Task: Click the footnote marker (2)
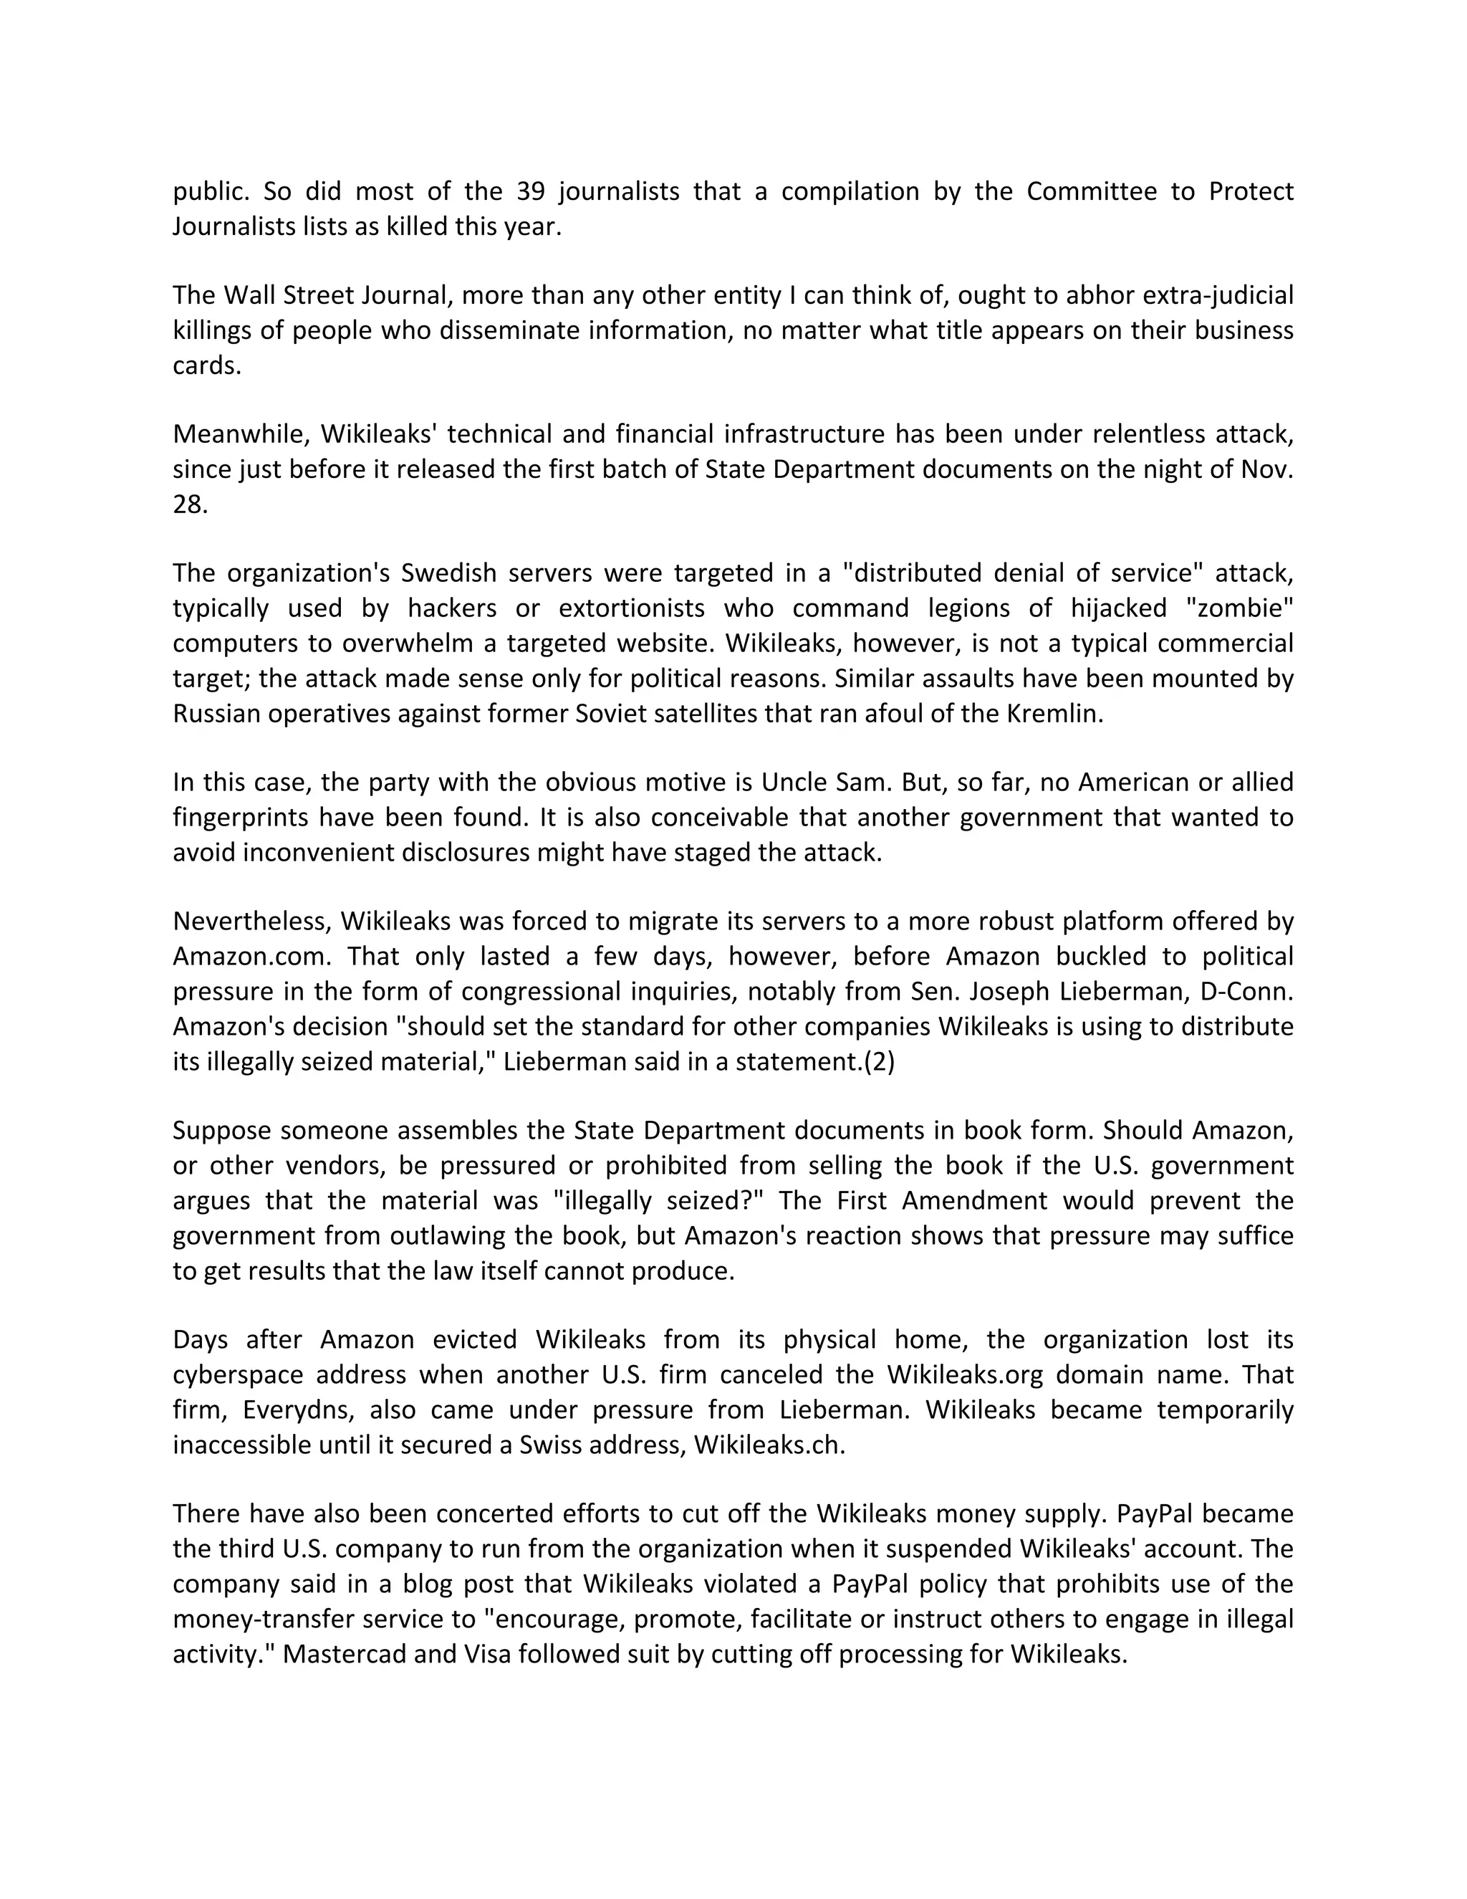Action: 879,1062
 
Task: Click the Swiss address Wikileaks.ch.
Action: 769,1444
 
